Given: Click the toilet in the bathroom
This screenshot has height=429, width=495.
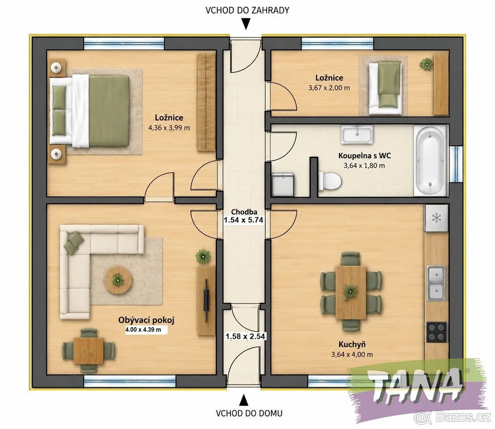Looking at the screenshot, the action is [x=329, y=181].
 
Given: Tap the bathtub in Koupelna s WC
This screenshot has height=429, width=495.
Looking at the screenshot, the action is [x=430, y=160].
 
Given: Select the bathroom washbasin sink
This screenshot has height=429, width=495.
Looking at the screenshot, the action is [x=357, y=134].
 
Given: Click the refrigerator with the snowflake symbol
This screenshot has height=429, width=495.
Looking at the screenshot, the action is [x=437, y=218].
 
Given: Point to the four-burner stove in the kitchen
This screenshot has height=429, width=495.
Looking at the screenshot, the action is [x=436, y=332].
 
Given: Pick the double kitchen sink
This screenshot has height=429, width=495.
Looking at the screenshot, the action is [x=436, y=283].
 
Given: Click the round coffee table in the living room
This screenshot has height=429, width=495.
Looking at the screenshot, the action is [x=118, y=280].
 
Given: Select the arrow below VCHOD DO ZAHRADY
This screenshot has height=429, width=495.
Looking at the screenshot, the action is [x=246, y=24].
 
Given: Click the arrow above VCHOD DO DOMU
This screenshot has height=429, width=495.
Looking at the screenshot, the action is [x=244, y=400].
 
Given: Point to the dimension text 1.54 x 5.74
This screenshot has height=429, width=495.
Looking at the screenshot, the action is [x=243, y=220].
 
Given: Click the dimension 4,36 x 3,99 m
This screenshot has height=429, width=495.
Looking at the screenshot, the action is [x=169, y=128].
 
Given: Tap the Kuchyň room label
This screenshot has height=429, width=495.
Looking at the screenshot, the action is [x=352, y=344].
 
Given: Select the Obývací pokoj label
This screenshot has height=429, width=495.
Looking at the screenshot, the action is [x=146, y=320].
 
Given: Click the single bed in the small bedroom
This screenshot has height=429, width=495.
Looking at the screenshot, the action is [x=384, y=87].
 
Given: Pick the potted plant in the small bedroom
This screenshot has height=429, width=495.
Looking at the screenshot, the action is [x=426, y=64].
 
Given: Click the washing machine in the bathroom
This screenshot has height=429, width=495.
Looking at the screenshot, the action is [x=283, y=185].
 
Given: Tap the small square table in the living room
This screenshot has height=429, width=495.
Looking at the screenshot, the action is [x=89, y=351].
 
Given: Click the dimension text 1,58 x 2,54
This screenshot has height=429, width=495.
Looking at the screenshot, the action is [x=245, y=336].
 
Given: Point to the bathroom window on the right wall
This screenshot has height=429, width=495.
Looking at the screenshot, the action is [x=456, y=164].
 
